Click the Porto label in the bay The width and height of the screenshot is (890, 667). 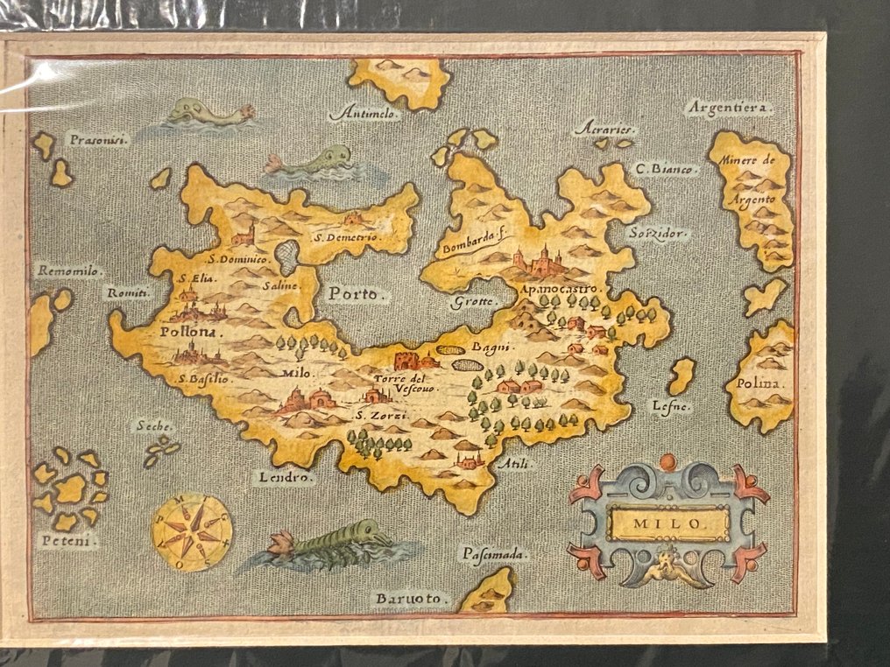pyautogui.click(x=356, y=294)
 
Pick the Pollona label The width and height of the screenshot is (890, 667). pyautogui.click(x=192, y=333)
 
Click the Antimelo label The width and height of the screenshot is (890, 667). pyautogui.click(x=365, y=115)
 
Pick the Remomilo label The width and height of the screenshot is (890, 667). pyautogui.click(x=70, y=271)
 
